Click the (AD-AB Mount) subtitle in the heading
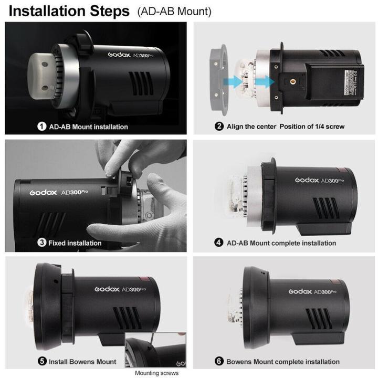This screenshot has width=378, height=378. tap(174, 12)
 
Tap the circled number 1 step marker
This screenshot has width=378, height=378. tap(42, 127)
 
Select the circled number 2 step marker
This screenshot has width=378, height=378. tap(219, 127)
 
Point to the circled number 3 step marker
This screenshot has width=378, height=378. tap(42, 243)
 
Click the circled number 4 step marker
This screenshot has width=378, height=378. tap(219, 243)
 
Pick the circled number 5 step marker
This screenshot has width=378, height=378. tap(42, 361)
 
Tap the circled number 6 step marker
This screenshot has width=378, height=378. tap(219, 361)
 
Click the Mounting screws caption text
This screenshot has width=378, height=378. tap(156, 373)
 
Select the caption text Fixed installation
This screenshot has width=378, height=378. tap(75, 243)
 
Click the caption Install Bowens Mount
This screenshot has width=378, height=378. tap(82, 361)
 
